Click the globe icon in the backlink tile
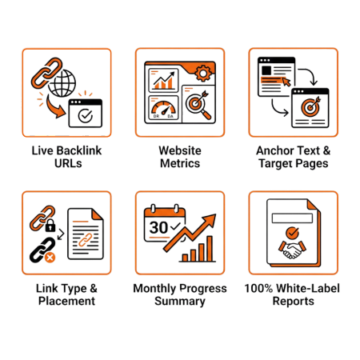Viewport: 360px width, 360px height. pos(62,83)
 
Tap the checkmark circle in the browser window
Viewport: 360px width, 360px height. pos(86,115)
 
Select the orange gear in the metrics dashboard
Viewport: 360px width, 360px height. pos(203,73)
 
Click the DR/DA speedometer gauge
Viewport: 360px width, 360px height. pos(163,108)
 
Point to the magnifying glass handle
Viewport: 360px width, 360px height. pos(206,114)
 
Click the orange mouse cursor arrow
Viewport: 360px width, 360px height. pos(286,82)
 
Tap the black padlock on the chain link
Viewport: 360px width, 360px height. pos(50,226)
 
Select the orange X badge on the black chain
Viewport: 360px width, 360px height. pos(50,258)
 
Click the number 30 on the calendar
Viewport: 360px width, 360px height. pos(158,227)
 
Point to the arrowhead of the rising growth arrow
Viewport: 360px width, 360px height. pos(210,219)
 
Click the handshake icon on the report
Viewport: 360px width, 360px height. pos(292,250)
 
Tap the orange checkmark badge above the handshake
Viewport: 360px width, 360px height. pos(292,233)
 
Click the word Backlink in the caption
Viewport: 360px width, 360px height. pos(78,150)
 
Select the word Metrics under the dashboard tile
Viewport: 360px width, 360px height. pos(180,163)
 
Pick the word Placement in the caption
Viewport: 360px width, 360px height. pos(66,301)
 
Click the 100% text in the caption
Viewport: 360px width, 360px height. pos(258,288)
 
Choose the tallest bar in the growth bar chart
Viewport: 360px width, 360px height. pos(210,249)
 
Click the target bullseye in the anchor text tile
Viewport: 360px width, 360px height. pos(310,107)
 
